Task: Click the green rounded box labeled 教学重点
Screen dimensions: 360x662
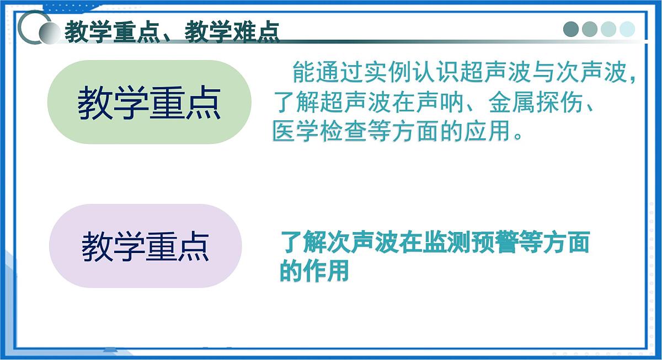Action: point(149,103)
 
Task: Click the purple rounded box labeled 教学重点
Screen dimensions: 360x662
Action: point(146,246)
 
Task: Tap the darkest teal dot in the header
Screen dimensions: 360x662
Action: point(572,29)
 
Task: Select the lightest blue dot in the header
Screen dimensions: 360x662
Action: point(627,29)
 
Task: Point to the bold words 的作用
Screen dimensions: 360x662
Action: point(314,271)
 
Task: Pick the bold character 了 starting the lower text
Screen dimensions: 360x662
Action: point(291,243)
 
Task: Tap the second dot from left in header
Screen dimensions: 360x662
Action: point(590,29)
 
